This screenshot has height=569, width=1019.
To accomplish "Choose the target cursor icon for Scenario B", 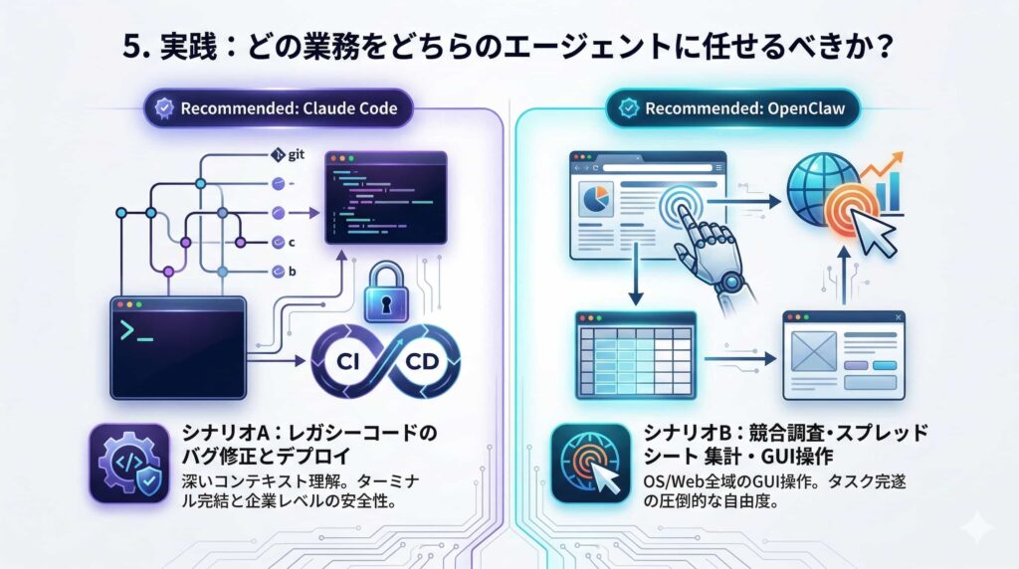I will [x=589, y=464].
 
